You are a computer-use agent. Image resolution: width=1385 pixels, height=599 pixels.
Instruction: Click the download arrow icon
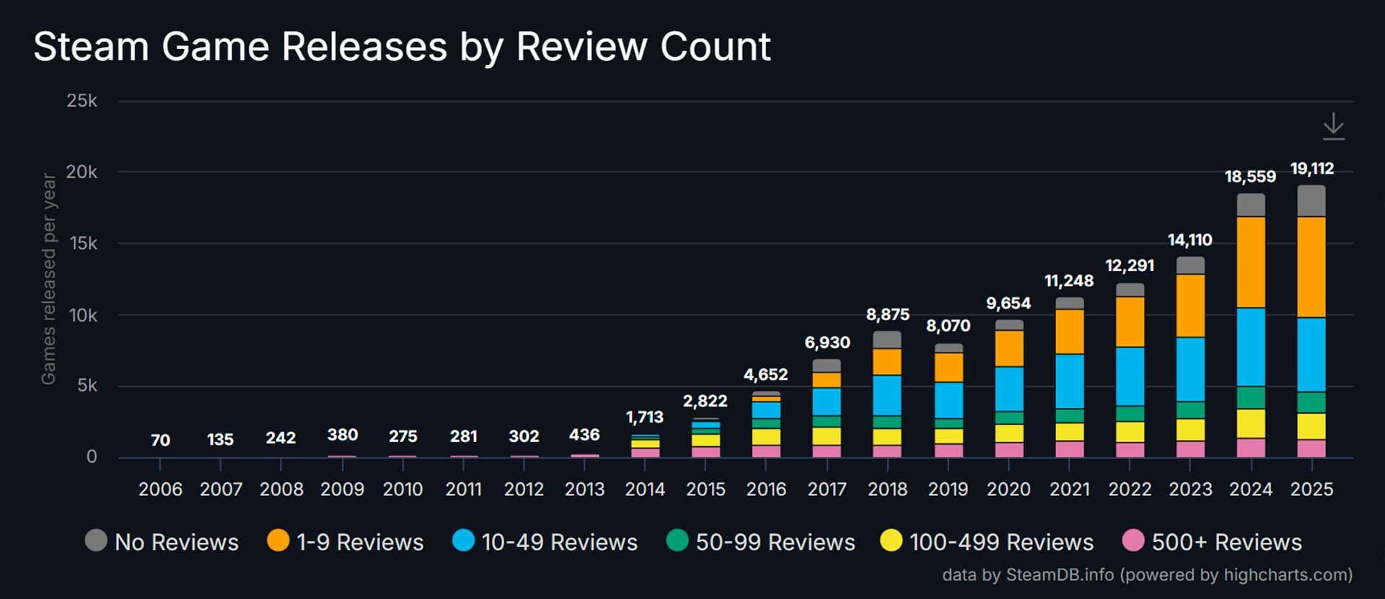[1333, 126]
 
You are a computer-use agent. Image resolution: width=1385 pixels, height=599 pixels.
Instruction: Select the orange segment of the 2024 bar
[1251, 262]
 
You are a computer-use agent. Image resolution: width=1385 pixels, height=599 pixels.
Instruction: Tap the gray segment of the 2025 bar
[1311, 201]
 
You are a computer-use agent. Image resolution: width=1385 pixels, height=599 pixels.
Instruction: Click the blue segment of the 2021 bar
[1069, 381]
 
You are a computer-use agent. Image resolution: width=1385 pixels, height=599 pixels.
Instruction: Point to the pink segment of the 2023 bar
[1190, 449]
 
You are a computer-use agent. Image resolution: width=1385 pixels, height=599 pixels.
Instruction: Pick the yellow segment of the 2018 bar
[887, 437]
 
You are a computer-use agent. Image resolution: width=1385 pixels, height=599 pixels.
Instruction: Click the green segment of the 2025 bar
[1311, 402]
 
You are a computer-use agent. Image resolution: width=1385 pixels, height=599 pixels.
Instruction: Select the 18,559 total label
[1250, 177]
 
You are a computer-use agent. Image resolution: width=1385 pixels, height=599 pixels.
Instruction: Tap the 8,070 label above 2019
[948, 326]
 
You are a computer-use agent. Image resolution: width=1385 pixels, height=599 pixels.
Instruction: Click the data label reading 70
[160, 440]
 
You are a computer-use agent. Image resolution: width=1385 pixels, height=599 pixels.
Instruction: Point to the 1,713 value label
[644, 417]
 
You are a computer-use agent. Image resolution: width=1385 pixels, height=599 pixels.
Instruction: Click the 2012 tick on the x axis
[524, 489]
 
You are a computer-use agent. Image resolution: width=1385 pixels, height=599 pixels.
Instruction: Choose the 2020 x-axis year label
[1008, 489]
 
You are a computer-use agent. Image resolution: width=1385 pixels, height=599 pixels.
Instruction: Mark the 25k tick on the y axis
[82, 101]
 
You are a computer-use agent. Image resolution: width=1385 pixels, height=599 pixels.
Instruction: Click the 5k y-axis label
[87, 386]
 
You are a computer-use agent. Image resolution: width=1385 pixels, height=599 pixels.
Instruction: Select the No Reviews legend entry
[162, 542]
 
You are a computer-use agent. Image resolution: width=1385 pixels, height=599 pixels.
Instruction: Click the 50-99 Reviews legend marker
[677, 541]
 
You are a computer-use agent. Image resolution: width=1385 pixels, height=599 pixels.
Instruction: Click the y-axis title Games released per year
[48, 279]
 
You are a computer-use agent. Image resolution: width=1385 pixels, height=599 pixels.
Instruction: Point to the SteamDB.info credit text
[1147, 575]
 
